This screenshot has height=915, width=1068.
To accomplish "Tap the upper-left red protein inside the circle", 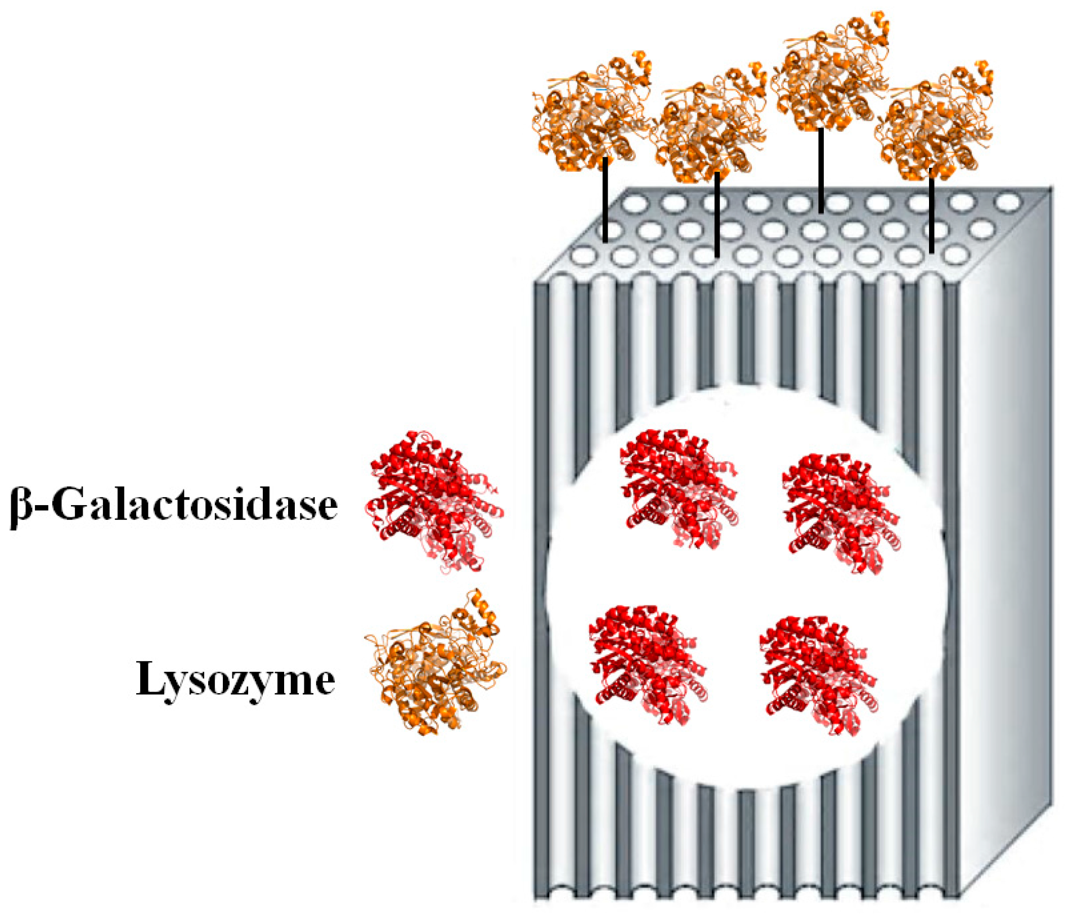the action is [678, 487].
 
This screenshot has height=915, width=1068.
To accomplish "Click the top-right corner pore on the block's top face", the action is [1008, 201].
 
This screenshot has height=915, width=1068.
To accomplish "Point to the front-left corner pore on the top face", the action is [584, 256].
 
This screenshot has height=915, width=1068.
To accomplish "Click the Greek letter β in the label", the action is [21, 507].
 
